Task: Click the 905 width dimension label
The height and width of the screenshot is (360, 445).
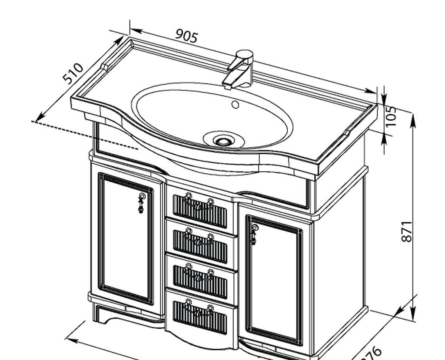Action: (187, 36)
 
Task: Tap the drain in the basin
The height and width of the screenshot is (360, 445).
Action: (224, 141)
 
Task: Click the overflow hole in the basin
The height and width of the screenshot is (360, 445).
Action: (235, 104)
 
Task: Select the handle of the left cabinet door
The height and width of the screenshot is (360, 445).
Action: (142, 203)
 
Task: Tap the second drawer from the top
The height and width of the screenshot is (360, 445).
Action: (200, 241)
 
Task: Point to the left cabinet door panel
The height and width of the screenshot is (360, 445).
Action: (126, 239)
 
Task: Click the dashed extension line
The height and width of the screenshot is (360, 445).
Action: (87, 135)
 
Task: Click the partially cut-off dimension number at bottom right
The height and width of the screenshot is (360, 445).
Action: (369, 353)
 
